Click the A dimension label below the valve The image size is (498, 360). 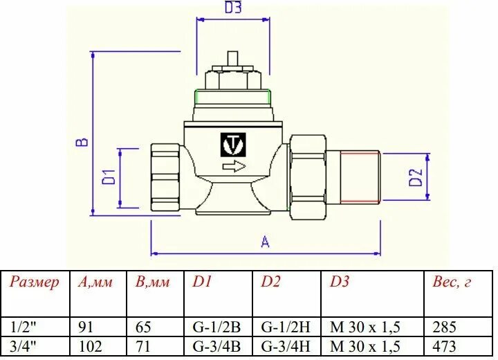pyautogui.click(x=264, y=242)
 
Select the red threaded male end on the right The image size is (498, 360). pyautogui.click(x=360, y=178)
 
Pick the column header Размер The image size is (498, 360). pyautogui.click(x=35, y=282)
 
